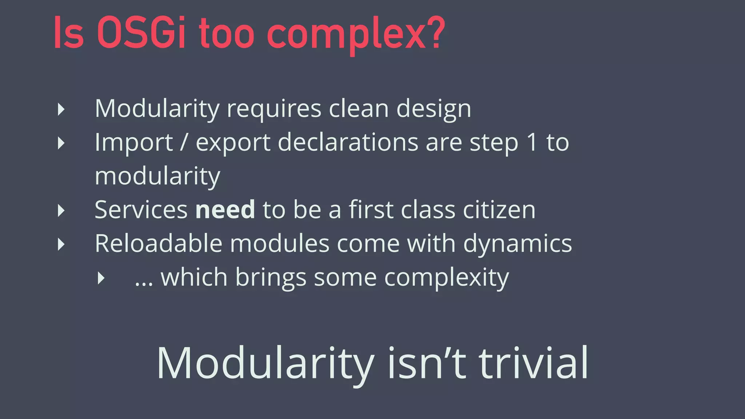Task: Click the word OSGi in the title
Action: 141,33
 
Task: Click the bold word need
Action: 225,210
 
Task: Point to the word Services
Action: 141,210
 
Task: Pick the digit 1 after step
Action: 532,142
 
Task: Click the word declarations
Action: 348,142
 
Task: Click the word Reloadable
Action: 159,243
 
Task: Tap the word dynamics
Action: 517,244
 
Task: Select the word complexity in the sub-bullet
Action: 446,279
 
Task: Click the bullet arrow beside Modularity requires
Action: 61,109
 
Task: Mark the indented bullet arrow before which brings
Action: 101,279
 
